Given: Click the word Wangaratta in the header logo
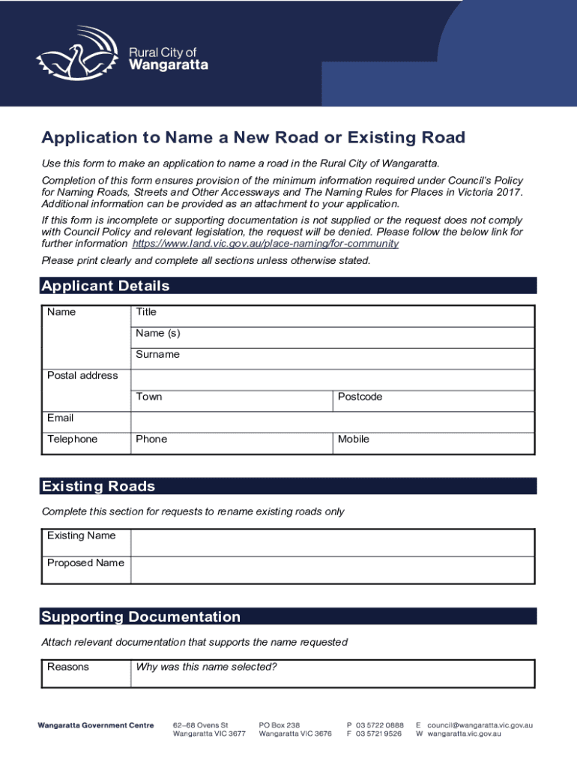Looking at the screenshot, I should [x=169, y=65].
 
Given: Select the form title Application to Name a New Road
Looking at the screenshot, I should [x=253, y=138].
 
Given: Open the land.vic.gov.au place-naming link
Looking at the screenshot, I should [x=265, y=244].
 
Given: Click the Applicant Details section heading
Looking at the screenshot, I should [x=106, y=286].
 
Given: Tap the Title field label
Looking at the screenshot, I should [x=146, y=312].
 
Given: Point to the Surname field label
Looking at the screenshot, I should [x=157, y=355].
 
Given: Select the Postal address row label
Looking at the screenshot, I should [x=82, y=376].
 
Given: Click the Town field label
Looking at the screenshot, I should [x=149, y=397].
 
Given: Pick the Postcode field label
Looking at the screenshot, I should [x=360, y=397].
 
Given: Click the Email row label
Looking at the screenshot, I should [x=60, y=418].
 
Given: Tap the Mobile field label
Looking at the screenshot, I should [x=354, y=439].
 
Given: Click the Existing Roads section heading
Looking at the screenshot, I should [x=98, y=487].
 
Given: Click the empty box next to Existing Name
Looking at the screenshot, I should [x=333, y=542].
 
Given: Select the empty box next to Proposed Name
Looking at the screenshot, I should [x=333, y=570].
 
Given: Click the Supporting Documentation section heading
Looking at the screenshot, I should [x=141, y=617].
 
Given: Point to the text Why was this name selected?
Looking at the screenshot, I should [x=207, y=667].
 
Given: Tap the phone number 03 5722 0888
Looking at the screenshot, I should [x=380, y=725].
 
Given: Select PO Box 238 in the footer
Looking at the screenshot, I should [x=280, y=725].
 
